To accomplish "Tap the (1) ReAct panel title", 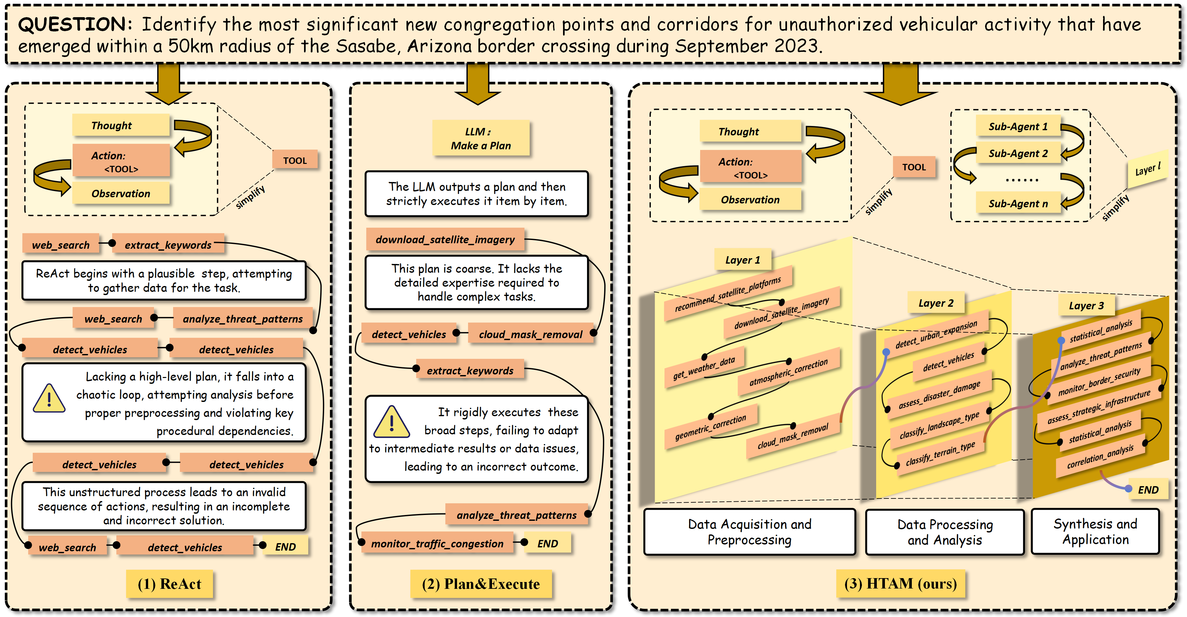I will (169, 584).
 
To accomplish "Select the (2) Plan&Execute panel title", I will (481, 584).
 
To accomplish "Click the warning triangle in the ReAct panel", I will (49, 399).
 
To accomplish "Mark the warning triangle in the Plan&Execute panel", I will (391, 422).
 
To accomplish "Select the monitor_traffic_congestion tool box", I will (437, 543).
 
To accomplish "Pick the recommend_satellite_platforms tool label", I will (728, 293).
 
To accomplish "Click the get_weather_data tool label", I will (704, 368).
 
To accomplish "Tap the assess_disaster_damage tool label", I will (939, 395).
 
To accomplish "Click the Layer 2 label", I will (935, 303).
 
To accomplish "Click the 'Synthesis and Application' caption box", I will (1095, 531).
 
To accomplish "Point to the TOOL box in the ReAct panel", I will (295, 161).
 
